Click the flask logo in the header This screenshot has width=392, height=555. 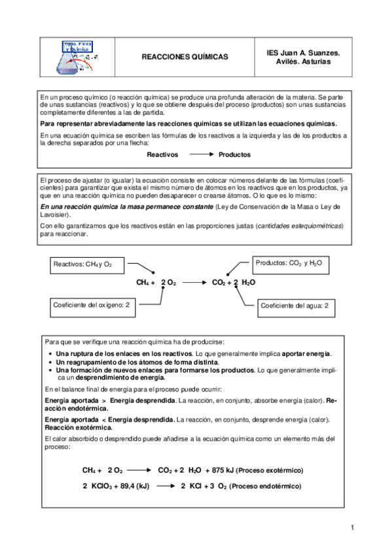(x=77, y=56)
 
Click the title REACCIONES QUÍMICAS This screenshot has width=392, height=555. (x=185, y=57)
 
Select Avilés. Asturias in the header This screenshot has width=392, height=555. (x=304, y=62)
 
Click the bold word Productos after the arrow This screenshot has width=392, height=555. (x=234, y=155)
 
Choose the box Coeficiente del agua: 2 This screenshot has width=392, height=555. (x=294, y=306)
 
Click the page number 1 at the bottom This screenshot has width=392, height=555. (x=352, y=528)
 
